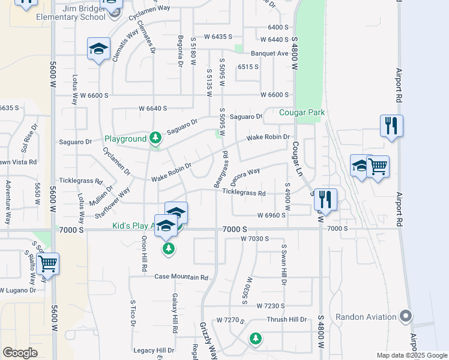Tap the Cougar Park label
[x=301, y=112]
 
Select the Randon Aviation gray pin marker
[x=406, y=316]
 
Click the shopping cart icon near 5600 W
[x=47, y=263]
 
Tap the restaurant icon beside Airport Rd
[x=391, y=125]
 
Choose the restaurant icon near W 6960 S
[x=325, y=200]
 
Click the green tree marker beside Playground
[x=155, y=138]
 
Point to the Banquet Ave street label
[x=270, y=53]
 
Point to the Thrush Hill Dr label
[x=286, y=319]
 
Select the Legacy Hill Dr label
[x=154, y=350]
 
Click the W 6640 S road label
[x=152, y=109]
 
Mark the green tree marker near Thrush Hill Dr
[x=256, y=338]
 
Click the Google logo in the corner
[x=20, y=353]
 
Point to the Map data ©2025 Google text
[x=412, y=355]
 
